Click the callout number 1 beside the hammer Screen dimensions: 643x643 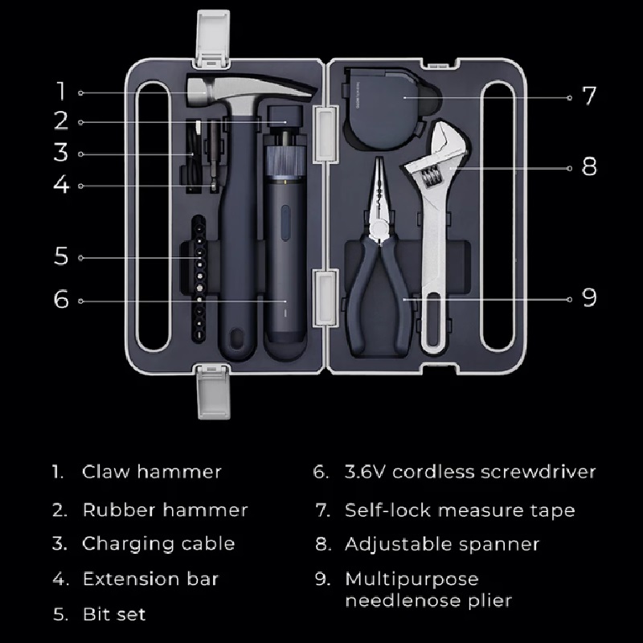61,91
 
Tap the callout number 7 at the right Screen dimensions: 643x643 589,96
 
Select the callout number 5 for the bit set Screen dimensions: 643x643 61,256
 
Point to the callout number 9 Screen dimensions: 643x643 589,297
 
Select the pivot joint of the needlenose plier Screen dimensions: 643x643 379,228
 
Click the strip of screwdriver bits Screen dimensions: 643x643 199,278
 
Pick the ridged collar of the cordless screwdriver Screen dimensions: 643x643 285,162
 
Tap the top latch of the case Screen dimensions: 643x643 213,39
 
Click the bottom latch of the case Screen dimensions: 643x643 213,391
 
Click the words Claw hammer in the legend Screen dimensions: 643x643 151,472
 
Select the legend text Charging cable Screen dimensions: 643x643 158,545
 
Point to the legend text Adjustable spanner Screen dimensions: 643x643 442,545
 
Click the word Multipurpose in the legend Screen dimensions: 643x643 412,580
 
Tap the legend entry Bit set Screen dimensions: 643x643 114,614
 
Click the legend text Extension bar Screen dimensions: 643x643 150,579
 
